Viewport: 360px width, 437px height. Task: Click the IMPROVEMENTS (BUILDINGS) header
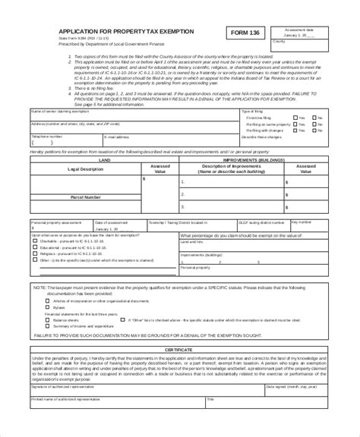point(251,160)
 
